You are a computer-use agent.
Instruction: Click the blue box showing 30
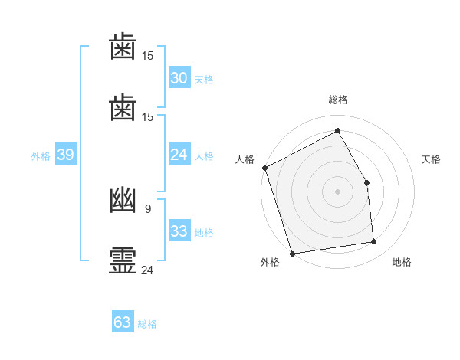tap(179, 77)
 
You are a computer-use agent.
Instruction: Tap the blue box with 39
tap(66, 154)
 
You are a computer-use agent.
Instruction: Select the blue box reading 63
tap(123, 321)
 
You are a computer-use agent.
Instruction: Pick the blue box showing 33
tap(179, 230)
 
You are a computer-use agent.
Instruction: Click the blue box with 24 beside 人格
tap(179, 154)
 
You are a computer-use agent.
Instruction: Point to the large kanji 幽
tap(123, 200)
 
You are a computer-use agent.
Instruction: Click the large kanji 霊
tap(123, 260)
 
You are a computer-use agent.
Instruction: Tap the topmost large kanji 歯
tap(123, 46)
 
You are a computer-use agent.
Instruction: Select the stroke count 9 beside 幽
tap(148, 209)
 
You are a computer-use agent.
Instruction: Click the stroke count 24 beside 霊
tap(147, 270)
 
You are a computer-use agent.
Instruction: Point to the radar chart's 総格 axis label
tap(337, 100)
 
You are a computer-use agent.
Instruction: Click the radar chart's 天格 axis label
tap(431, 159)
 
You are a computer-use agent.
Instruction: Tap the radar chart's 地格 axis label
tap(402, 262)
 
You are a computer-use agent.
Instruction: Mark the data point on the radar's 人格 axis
tap(265, 168)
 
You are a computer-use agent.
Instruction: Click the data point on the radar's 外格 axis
tap(292, 254)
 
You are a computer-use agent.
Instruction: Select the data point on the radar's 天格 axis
tap(366, 182)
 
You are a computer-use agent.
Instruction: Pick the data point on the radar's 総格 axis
tap(337, 130)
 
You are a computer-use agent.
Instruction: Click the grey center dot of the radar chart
tap(337, 191)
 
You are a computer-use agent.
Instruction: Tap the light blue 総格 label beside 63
tap(147, 324)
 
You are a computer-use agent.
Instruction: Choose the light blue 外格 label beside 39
tap(41, 156)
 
